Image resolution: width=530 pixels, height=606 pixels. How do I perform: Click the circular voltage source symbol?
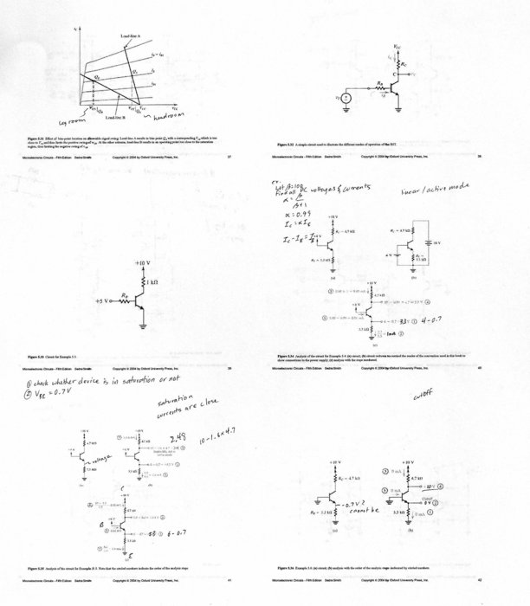click(344, 98)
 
